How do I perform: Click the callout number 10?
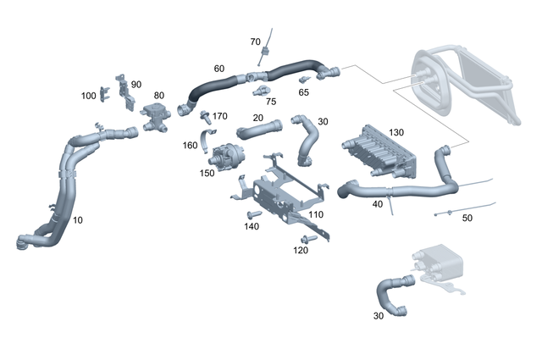point(78,220)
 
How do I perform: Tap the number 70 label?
point(255,42)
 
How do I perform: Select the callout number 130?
point(396,133)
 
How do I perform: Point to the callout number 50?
point(467,218)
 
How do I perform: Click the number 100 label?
point(89,96)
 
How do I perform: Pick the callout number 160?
point(191,144)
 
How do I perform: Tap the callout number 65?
point(303,91)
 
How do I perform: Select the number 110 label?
point(315,214)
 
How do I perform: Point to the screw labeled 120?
point(308,240)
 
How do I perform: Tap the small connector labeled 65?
point(304,80)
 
